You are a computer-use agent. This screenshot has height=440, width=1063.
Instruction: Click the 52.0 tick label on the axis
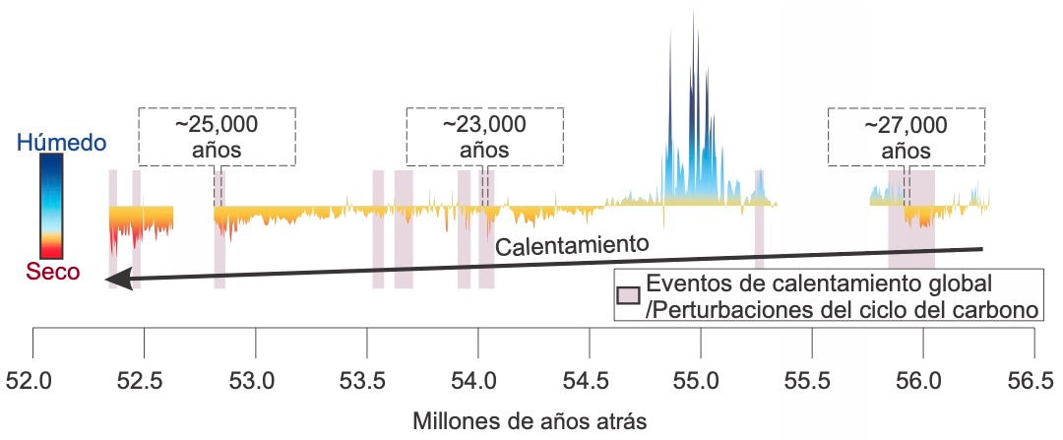click(x=33, y=379)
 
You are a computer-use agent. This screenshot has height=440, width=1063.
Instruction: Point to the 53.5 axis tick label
click(x=366, y=379)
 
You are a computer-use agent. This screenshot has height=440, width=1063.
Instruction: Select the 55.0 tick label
click(x=700, y=379)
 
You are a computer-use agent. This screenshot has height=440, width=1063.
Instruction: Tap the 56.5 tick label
click(x=1032, y=379)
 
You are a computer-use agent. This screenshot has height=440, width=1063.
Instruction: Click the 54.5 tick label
click(x=589, y=379)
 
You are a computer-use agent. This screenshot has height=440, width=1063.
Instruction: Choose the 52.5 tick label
click(x=145, y=379)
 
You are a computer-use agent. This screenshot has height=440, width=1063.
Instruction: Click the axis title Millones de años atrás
click(x=532, y=422)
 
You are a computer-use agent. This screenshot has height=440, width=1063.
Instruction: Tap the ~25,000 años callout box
click(x=217, y=137)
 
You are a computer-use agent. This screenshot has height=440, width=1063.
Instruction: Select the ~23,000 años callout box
click(x=484, y=137)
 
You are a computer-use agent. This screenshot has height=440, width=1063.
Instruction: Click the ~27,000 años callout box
click(x=906, y=137)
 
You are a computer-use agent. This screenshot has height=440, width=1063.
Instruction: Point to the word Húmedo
click(x=61, y=144)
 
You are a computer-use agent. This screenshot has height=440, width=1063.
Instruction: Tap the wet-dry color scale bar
click(x=51, y=207)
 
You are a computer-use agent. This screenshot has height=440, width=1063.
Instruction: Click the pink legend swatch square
click(x=628, y=295)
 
